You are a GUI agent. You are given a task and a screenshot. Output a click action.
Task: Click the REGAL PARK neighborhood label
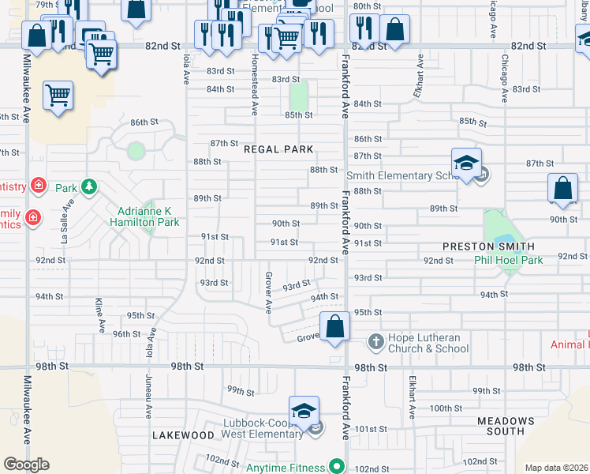pyautogui.click(x=278, y=149)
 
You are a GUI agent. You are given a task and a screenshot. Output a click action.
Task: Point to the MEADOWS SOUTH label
pyautogui.click(x=511, y=427)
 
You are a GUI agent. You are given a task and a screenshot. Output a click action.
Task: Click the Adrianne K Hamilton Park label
pyautogui.click(x=144, y=216)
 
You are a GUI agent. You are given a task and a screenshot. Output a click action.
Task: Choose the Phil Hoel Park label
pyautogui.click(x=509, y=260)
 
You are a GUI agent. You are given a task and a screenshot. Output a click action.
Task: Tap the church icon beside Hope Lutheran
pyautogui.click(x=375, y=343)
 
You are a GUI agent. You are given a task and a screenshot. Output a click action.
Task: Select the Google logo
pyautogui.click(x=26, y=465)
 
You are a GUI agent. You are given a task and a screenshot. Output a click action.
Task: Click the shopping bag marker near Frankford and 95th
pyautogui.click(x=335, y=325)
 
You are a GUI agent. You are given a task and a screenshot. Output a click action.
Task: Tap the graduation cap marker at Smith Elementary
pyautogui.click(x=467, y=163)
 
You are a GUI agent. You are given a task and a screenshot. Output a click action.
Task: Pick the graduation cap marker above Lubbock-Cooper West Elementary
pyautogui.click(x=304, y=410)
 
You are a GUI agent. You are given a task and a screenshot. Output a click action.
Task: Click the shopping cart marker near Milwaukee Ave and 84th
pyautogui.click(x=58, y=96)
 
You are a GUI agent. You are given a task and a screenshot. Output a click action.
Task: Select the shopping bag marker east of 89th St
pyautogui.click(x=562, y=189)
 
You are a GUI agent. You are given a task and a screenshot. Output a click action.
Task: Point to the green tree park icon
pyautogui.click(x=90, y=187)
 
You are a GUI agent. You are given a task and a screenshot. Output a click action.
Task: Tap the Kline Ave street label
pyautogui.click(x=100, y=314)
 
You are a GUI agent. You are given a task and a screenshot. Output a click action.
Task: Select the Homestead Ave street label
pyautogui.click(x=254, y=85)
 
